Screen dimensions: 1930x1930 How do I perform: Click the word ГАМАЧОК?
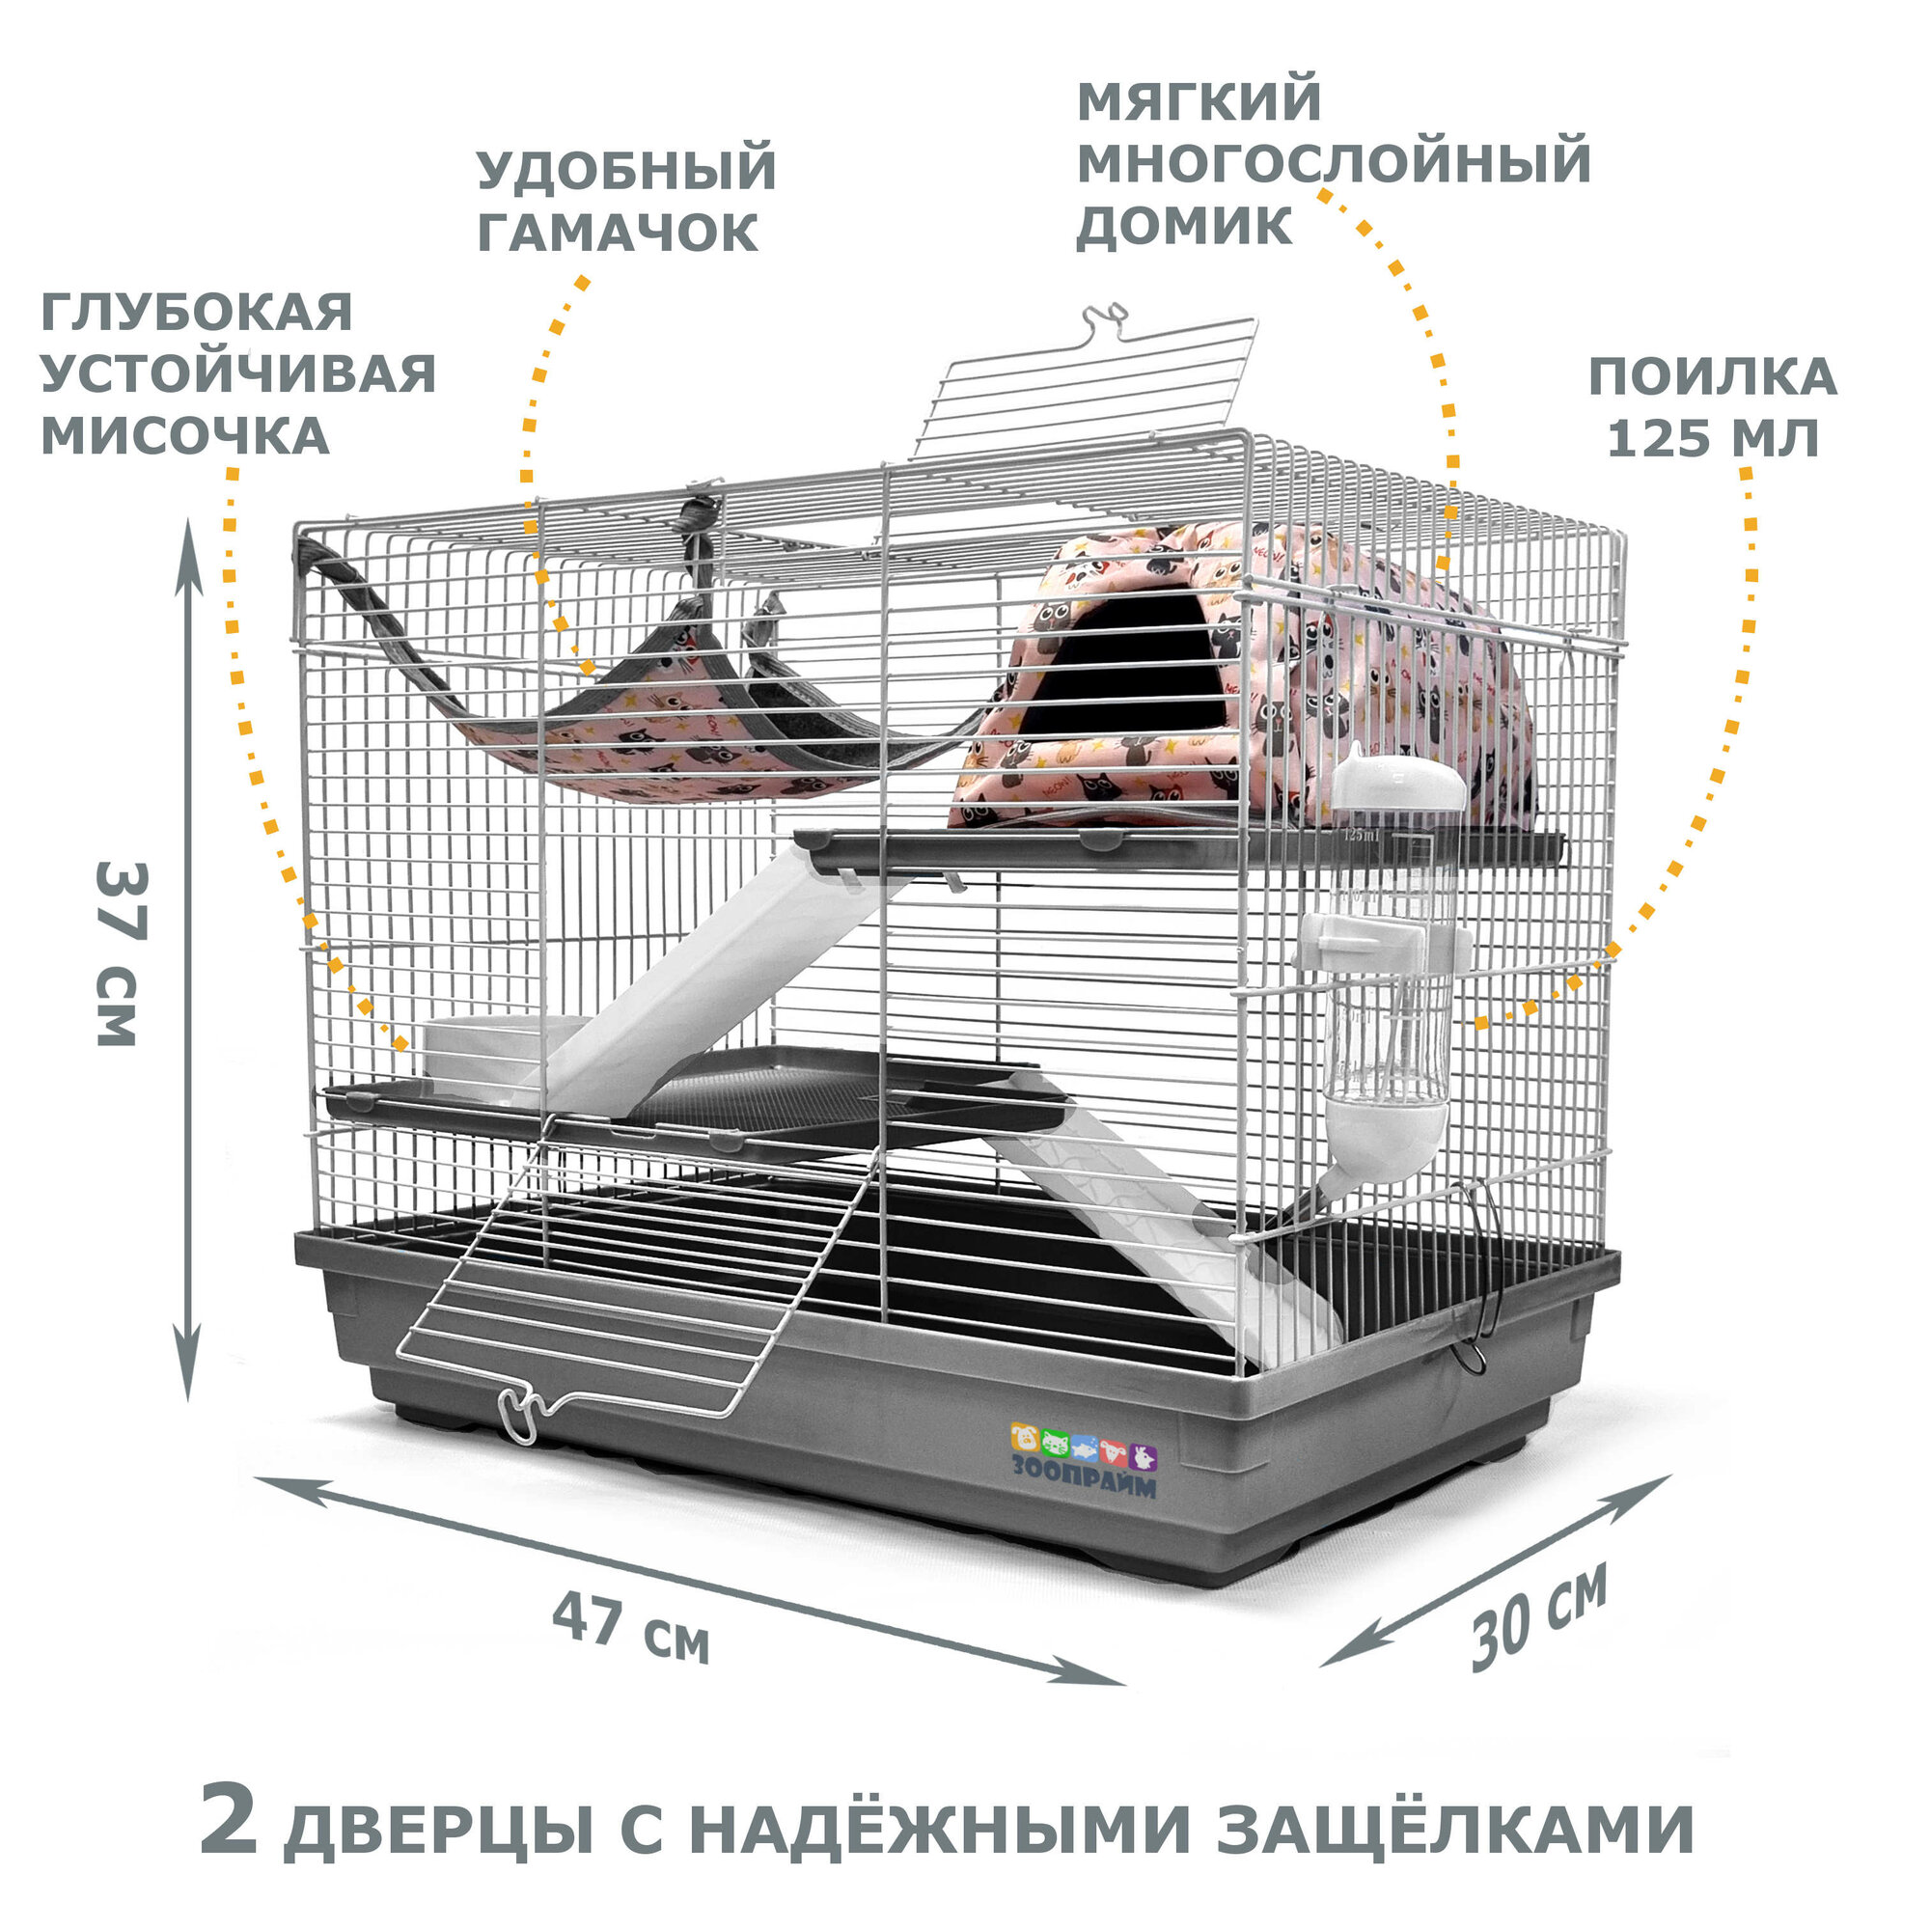pos(618,232)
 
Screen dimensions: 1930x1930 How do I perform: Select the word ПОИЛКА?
pos(1712,376)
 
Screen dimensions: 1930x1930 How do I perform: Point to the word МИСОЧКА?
pos(185,435)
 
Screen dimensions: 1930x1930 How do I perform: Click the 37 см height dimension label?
pos(122,954)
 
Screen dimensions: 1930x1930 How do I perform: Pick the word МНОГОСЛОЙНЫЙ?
pos(1333,162)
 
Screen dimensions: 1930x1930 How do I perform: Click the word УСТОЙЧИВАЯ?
pos(237,373)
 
